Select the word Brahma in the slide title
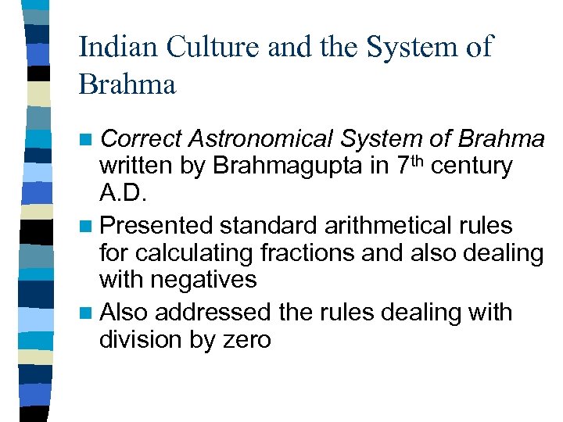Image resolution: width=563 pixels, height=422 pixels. pyautogui.click(x=127, y=84)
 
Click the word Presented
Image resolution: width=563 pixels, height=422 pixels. pyautogui.click(x=156, y=226)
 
